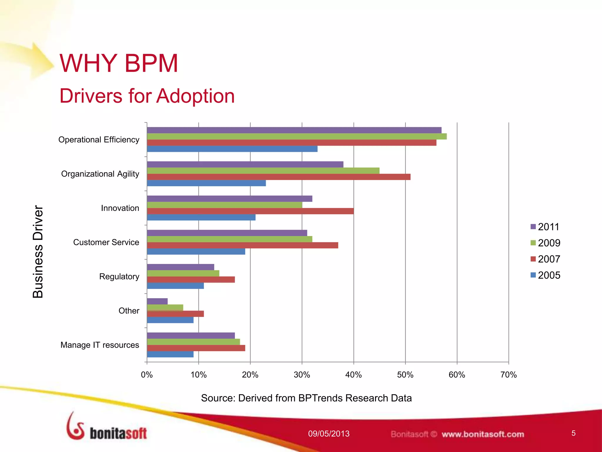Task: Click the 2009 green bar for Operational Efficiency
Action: tap(297, 136)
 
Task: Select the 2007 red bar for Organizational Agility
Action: tap(279, 177)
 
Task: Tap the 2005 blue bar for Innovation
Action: tap(201, 217)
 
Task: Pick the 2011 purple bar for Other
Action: tap(157, 301)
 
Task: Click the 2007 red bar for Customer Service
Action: tap(243, 245)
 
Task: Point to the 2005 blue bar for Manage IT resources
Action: tap(170, 354)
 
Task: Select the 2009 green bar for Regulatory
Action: tap(183, 273)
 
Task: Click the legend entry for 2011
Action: tap(545, 227)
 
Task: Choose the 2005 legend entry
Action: tap(545, 275)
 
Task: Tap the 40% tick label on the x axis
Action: tap(353, 375)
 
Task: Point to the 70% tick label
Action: tap(509, 375)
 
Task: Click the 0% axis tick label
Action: tap(147, 375)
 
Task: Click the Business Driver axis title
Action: tap(38, 252)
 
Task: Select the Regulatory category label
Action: tap(119, 277)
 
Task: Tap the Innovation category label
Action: tap(120, 208)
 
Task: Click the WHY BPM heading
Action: tap(119, 63)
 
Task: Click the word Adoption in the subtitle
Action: tap(195, 96)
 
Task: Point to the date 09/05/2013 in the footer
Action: tap(329, 434)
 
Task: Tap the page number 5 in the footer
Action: tap(573, 433)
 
